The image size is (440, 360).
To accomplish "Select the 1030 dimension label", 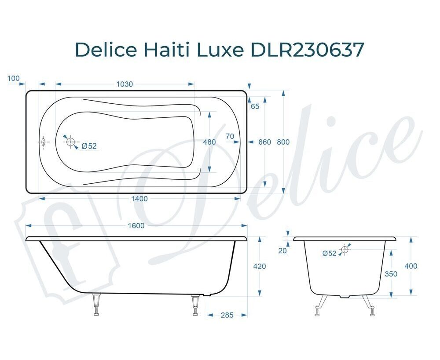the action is click(125, 84).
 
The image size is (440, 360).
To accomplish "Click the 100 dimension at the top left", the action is click(14, 78).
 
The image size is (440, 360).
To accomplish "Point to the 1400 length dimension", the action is click(139, 199).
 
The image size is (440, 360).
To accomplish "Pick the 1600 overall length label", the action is click(136, 225).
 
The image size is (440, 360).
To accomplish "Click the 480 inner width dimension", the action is click(209, 142).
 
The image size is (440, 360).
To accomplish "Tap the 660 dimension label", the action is click(264, 142).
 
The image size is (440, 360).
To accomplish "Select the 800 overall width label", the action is click(283, 142).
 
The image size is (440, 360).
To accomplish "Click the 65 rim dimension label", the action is click(255, 106).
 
